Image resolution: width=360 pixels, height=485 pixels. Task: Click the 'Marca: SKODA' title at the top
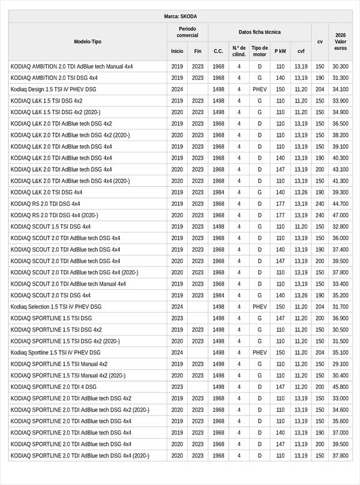click(x=180, y=16)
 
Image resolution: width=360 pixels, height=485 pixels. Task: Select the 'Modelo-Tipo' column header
click(x=88, y=42)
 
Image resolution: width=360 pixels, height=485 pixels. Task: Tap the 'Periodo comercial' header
click(x=187, y=32)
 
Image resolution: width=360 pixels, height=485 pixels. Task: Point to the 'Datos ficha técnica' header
click(x=259, y=32)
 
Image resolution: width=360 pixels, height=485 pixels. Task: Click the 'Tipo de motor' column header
click(x=260, y=51)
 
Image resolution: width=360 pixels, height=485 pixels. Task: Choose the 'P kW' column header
click(x=280, y=52)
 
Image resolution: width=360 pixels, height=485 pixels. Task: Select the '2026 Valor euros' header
click(x=340, y=41)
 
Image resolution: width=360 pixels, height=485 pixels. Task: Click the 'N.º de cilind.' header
click(x=239, y=51)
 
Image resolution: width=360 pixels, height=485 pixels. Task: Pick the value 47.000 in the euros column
click(x=340, y=215)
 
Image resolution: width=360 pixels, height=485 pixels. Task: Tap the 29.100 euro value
click(x=340, y=364)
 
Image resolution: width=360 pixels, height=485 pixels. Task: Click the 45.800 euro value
click(x=340, y=387)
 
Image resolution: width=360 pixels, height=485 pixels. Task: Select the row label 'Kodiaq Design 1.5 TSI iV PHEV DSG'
click(x=53, y=89)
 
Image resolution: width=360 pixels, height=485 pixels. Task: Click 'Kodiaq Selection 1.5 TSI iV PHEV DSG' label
click(x=56, y=307)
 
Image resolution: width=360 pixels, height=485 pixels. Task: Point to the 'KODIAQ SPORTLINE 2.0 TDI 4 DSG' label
click(x=53, y=387)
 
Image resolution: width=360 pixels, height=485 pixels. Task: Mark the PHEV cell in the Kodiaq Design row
click(x=260, y=89)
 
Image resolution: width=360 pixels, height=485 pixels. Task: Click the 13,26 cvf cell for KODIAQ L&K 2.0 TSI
click(x=301, y=192)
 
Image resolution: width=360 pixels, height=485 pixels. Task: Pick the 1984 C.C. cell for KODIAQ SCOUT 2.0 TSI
click(x=218, y=295)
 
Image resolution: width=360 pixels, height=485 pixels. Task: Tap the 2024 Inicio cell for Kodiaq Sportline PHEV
click(x=177, y=352)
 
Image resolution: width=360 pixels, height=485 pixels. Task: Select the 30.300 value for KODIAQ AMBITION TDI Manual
click(x=340, y=66)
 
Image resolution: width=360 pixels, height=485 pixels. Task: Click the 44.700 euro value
click(x=340, y=203)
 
